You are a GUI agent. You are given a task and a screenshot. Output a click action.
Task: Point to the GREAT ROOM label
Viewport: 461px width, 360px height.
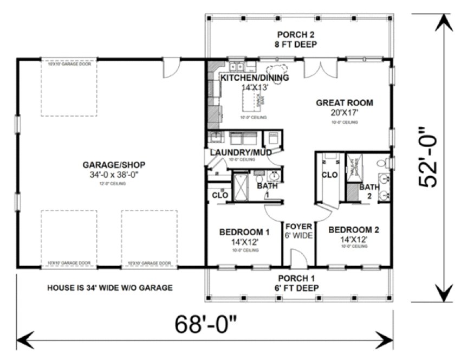coord(345,102)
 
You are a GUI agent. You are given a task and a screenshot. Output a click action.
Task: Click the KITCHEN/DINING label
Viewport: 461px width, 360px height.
coord(254,78)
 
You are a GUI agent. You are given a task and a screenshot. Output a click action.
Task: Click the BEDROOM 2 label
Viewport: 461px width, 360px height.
coord(354,229)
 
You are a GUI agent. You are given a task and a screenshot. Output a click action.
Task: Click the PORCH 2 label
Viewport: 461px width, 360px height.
coord(295,35)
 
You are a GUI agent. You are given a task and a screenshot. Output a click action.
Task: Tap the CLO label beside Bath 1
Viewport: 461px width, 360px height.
coord(219,195)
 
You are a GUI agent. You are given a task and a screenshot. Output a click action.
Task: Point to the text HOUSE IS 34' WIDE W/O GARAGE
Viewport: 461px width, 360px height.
coord(110,287)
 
